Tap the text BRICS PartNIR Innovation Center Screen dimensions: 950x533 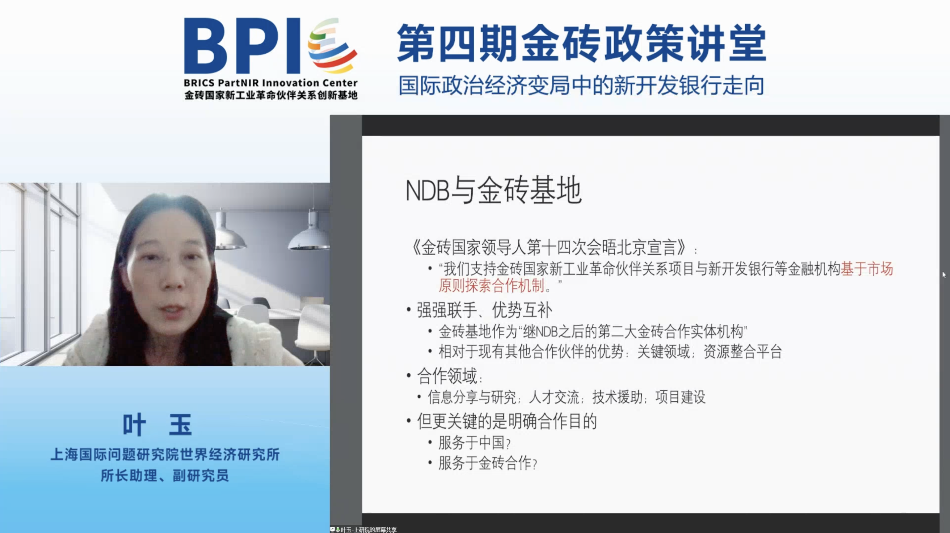pos(271,83)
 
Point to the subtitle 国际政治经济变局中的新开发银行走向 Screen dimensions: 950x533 pos(582,86)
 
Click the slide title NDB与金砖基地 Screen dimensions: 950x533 pos(494,190)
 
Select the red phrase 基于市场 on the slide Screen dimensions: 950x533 pos(867,269)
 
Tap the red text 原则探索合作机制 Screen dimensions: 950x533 pos(492,285)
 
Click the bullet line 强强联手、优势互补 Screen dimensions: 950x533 pos(485,310)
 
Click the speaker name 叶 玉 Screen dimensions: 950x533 pos(157,425)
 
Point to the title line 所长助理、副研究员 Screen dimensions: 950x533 pos(164,475)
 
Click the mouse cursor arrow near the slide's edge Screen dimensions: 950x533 pos(944,275)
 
